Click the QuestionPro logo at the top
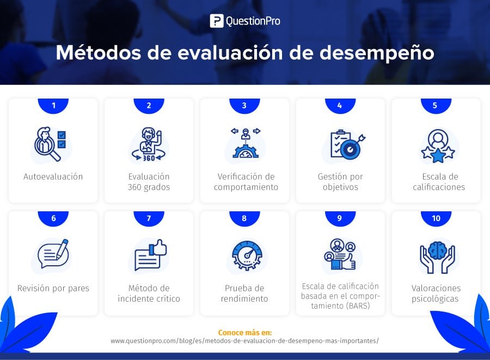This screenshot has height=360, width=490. pos(245,21)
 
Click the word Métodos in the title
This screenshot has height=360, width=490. pos(99,52)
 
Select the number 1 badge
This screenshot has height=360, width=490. pos(53,106)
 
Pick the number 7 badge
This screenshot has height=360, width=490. pos(149,218)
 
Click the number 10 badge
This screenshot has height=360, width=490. pos(436,218)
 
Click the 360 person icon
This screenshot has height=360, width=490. pos(149,144)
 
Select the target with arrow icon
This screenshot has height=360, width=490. pos(347,145)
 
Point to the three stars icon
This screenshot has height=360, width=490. pos(438,147)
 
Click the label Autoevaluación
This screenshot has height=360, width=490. pos(53,176)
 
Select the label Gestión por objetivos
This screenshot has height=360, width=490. pos(340,181)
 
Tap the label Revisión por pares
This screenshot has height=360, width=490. pos(53,288)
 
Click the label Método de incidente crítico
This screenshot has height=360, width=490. pos(149,293)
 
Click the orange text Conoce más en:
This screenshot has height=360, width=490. pos(245,333)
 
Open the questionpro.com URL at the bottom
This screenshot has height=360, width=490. pos(244,340)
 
